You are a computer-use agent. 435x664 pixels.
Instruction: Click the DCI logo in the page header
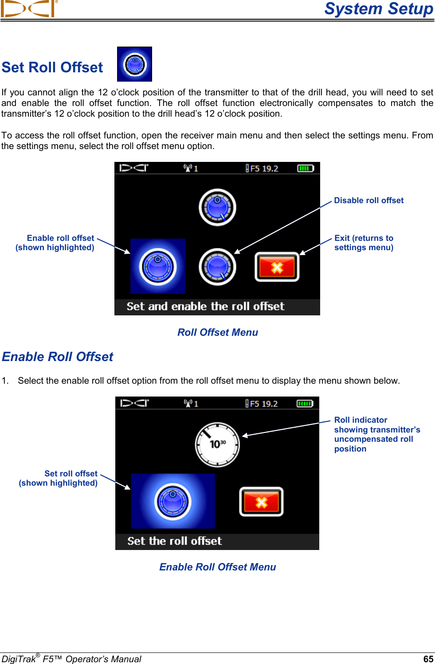[x=29, y=9]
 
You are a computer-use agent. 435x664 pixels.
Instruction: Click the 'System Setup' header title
[x=378, y=9]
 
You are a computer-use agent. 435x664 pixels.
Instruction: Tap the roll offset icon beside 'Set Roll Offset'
[x=134, y=64]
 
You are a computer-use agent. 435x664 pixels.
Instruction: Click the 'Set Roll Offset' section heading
[x=52, y=67]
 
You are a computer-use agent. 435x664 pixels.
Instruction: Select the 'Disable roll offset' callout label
[x=368, y=200]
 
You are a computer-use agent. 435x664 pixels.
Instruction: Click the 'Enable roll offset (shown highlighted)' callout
[x=55, y=243]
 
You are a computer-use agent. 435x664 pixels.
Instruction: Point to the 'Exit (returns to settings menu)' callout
[x=364, y=243]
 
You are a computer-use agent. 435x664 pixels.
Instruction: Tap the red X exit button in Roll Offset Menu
[x=277, y=267]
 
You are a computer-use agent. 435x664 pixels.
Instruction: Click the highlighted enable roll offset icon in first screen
[x=157, y=266]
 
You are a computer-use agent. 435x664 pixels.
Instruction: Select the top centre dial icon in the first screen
[x=217, y=207]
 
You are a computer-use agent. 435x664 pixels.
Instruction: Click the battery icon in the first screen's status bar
[x=305, y=169]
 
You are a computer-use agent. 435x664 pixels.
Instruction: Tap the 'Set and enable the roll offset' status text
[x=205, y=306]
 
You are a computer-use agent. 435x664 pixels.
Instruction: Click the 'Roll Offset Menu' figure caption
[x=217, y=332]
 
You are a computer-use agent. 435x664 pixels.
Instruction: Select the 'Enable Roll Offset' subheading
[x=58, y=357]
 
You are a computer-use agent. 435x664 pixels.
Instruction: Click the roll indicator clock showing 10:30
[x=217, y=444]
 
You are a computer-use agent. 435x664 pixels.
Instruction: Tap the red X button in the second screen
[x=261, y=502]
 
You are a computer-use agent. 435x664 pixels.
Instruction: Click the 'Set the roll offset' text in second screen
[x=174, y=541]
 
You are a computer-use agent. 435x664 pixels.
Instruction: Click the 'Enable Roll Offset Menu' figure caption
[x=217, y=567]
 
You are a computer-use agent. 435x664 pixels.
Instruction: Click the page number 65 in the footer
[x=428, y=659]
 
